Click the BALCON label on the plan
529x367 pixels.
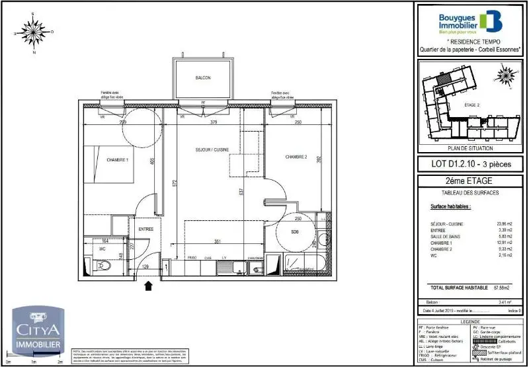203,79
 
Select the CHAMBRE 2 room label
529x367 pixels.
296,157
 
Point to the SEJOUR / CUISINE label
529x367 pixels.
212,150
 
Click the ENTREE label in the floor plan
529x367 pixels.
145,229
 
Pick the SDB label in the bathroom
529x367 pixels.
294,231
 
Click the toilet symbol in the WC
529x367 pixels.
104,266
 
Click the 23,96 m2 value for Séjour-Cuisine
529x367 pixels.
503,224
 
